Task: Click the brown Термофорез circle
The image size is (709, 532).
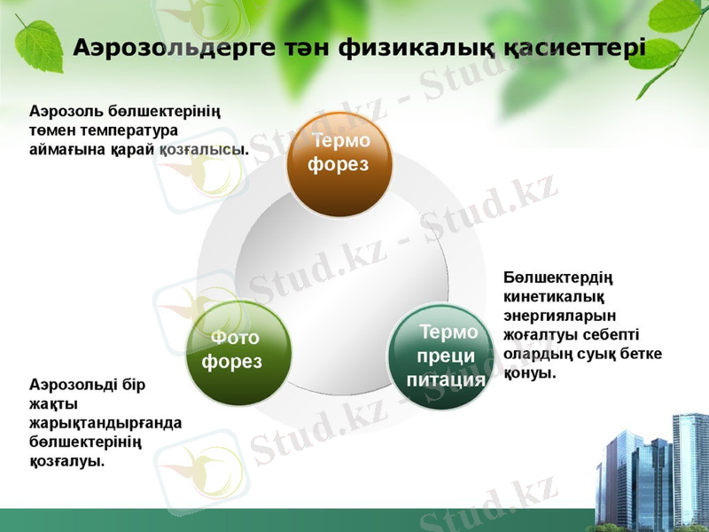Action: point(339,165)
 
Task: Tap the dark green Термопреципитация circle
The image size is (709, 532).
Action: point(441,356)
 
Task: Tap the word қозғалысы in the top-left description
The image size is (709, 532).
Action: point(204,150)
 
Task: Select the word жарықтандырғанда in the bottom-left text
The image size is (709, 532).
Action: point(105,423)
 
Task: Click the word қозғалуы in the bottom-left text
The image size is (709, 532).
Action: point(66,462)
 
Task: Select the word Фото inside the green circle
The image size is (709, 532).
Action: point(236,338)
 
